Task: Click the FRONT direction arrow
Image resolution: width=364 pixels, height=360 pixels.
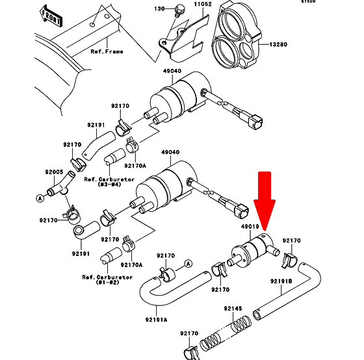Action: click(51, 16)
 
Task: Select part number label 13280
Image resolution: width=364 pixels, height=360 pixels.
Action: click(278, 44)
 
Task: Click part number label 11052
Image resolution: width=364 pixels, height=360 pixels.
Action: click(203, 4)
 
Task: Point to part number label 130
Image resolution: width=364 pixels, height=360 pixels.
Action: click(159, 9)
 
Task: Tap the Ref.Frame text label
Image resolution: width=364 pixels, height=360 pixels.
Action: click(107, 51)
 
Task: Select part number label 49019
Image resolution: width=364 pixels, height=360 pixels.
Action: click(250, 227)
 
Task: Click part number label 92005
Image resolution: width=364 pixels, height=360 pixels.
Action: click(54, 172)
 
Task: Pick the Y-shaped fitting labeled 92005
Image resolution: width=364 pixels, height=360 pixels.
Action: click(61, 185)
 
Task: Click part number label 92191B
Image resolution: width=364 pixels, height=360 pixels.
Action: click(281, 281)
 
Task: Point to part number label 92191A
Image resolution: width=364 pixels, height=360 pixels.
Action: click(156, 320)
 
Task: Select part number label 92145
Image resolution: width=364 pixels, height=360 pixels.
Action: click(233, 308)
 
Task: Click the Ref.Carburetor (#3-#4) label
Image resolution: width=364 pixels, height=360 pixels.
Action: click(109, 182)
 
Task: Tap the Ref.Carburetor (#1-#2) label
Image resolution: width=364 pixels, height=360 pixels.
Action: click(107, 279)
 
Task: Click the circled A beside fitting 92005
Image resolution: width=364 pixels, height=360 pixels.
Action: click(40, 198)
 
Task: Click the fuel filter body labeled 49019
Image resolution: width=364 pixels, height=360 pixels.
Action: click(253, 251)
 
